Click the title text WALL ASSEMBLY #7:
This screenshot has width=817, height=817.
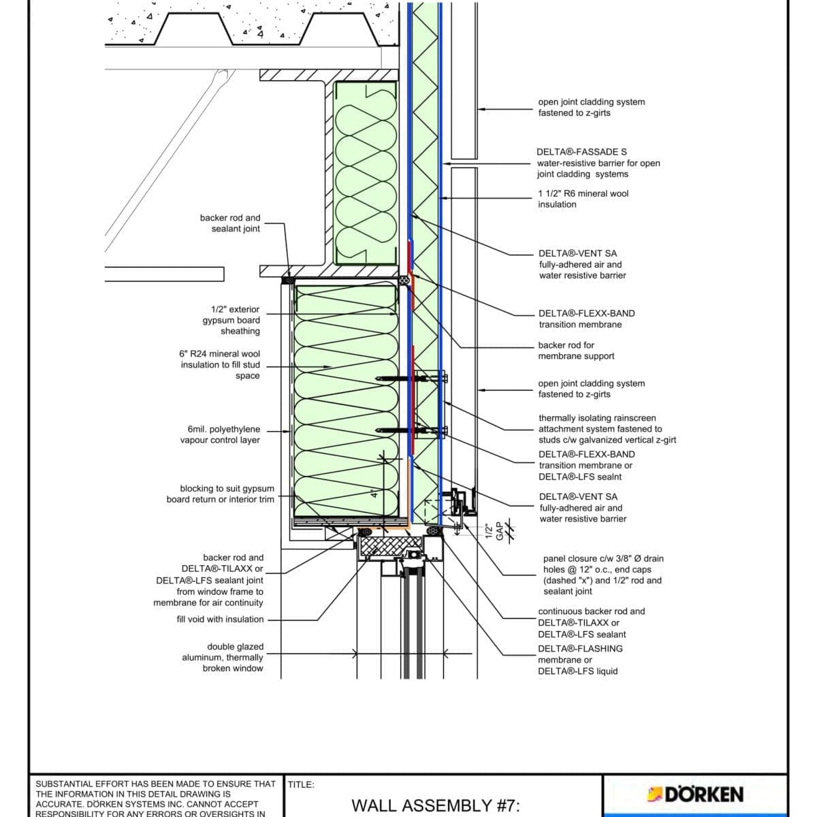pos(436,806)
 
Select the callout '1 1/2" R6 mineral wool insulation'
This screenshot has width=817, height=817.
pos(583,199)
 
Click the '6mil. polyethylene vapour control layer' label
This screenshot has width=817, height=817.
pos(220,434)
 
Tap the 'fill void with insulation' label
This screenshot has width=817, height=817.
pos(220,619)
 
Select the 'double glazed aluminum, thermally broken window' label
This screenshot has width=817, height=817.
pos(222,657)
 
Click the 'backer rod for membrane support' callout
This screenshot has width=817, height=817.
pos(576,351)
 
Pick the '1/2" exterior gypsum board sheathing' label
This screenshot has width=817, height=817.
pos(231,320)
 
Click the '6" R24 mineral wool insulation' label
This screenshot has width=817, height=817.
pos(220,364)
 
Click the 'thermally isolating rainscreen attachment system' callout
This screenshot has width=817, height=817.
pos(607,429)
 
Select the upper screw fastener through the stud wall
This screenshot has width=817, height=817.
pos(408,378)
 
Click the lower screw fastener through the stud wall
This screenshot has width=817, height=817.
pos(408,430)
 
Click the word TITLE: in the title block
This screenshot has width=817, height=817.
pos(301,784)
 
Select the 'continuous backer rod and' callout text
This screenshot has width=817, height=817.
pos(591,611)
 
